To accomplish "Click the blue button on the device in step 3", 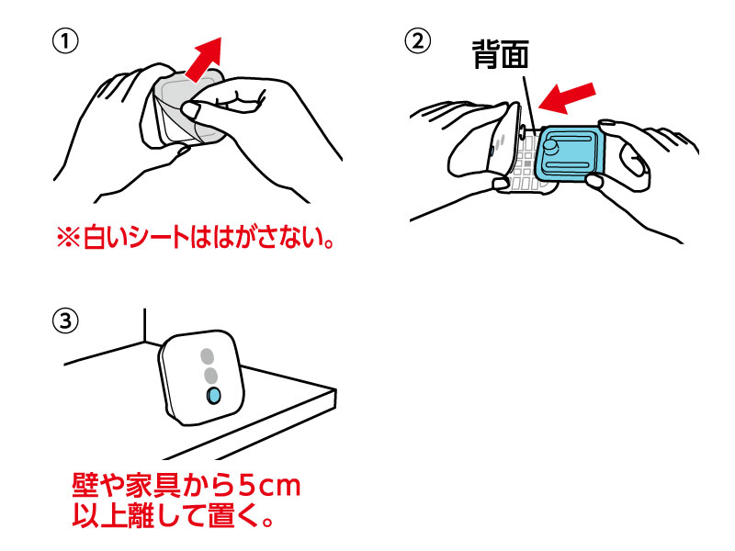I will click(x=213, y=395).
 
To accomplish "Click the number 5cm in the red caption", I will click(x=272, y=484).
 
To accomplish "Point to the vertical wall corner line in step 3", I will click(x=144, y=326).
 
